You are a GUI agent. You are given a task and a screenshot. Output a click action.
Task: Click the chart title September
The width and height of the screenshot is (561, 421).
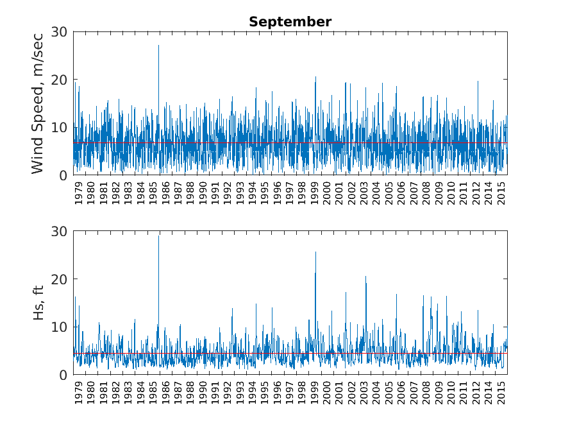click(x=290, y=22)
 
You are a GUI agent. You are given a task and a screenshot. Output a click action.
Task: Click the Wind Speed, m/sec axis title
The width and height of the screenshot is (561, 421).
click(x=38, y=103)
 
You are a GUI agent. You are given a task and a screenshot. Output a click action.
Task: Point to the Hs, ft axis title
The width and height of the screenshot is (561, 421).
click(x=38, y=303)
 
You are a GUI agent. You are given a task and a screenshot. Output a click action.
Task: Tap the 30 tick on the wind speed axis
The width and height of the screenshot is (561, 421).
click(x=60, y=31)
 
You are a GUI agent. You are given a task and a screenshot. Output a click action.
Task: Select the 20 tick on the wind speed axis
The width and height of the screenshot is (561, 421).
click(x=60, y=80)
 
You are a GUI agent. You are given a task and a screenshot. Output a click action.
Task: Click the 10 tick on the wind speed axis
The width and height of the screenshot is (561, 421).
click(x=60, y=127)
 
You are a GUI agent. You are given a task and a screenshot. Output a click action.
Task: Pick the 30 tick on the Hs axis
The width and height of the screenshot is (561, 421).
click(x=60, y=231)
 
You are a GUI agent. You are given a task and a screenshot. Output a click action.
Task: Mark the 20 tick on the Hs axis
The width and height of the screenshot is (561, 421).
click(x=60, y=279)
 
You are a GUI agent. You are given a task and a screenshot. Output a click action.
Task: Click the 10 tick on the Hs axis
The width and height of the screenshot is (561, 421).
click(x=60, y=327)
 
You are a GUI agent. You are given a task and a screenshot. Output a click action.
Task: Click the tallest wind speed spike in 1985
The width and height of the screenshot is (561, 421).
click(x=158, y=46)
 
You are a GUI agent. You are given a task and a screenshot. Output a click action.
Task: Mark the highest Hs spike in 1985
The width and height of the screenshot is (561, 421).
click(x=159, y=236)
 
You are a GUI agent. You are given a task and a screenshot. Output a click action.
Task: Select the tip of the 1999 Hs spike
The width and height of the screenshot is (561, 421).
click(x=315, y=252)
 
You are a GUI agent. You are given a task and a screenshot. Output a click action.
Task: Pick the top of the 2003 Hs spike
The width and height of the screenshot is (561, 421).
click(x=365, y=277)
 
